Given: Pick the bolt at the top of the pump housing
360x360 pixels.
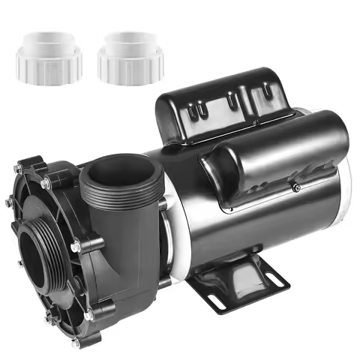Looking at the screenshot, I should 45,183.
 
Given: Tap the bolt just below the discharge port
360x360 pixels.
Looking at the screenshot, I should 76,244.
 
